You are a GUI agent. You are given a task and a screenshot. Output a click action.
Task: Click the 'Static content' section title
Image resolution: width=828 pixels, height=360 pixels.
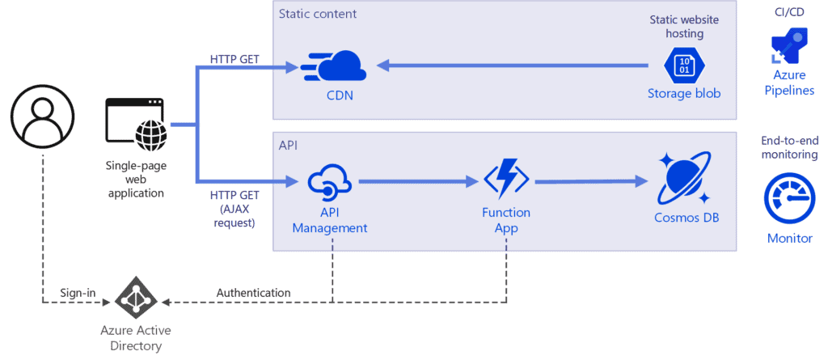tap(318, 14)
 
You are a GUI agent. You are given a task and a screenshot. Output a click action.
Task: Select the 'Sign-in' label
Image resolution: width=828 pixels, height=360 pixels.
tap(78, 292)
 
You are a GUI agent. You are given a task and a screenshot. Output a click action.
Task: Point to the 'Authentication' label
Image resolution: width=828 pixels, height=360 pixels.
tap(253, 292)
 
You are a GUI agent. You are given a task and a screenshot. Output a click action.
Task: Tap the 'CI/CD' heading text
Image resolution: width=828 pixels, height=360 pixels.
tap(789, 11)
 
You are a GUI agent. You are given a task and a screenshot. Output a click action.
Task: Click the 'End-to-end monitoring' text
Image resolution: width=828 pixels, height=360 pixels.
tap(789, 147)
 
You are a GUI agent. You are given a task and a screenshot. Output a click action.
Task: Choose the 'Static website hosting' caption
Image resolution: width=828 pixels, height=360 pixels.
tap(683, 27)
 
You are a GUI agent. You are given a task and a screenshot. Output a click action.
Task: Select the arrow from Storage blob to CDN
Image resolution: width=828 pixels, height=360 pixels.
tap(517, 65)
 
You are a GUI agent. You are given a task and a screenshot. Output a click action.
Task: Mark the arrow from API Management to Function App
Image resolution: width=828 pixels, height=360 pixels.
tap(416, 182)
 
